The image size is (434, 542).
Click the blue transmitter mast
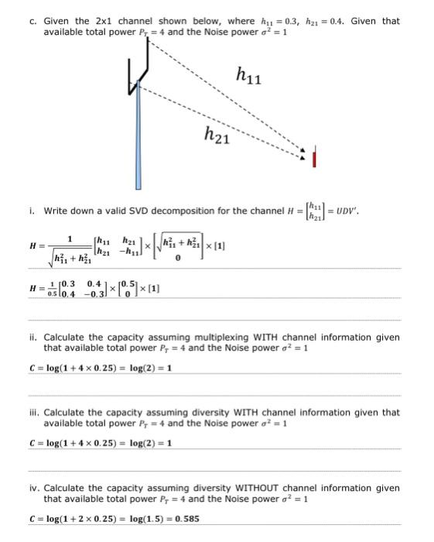(x=138, y=139)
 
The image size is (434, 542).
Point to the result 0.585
(x=186, y=519)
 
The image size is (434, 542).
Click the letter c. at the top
(x=32, y=21)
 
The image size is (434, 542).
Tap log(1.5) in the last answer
(x=153, y=519)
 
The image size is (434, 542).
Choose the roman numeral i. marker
(x=32, y=211)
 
